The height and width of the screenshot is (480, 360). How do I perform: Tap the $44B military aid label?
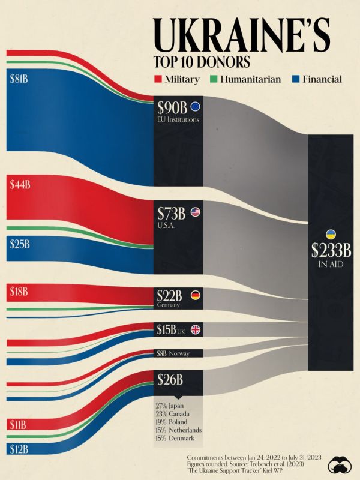[20, 185]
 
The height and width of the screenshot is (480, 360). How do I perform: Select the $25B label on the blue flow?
[20, 244]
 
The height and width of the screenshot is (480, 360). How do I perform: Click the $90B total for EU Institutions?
[173, 108]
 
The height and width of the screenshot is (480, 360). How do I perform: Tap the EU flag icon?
[195, 107]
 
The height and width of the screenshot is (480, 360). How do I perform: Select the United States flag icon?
[195, 212]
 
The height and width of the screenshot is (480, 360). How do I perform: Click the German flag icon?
[195, 295]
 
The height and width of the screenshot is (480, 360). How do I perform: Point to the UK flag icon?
[195, 329]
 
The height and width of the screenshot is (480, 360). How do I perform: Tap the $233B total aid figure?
[330, 250]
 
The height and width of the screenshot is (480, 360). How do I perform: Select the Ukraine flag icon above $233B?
[330, 233]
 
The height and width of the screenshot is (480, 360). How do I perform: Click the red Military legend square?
[158, 79]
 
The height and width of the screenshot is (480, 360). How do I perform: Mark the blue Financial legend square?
[295, 79]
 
